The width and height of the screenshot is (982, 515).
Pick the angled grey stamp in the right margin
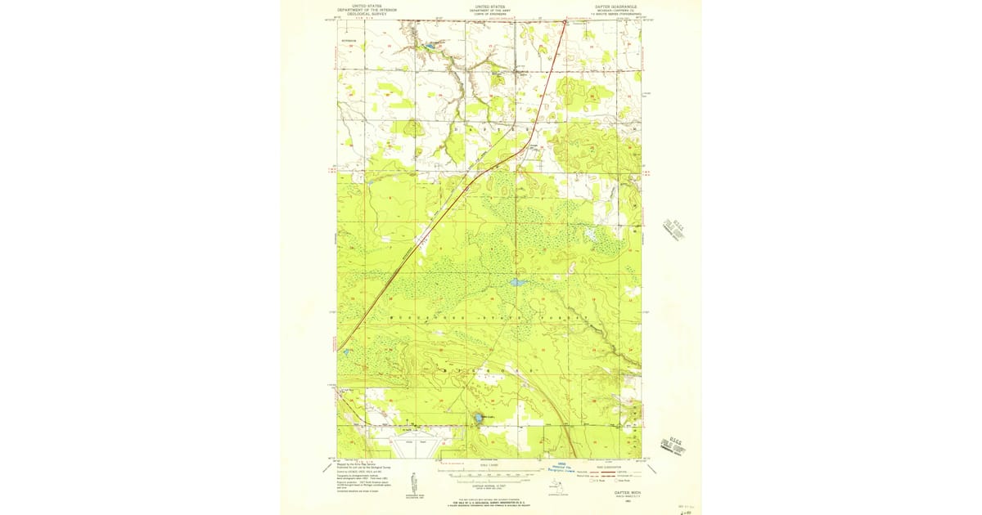pyautogui.click(x=673, y=228)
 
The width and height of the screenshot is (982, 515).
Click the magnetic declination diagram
pyautogui.click(x=416, y=481)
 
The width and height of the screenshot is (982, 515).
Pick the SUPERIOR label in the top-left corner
pyautogui.click(x=349, y=38)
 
